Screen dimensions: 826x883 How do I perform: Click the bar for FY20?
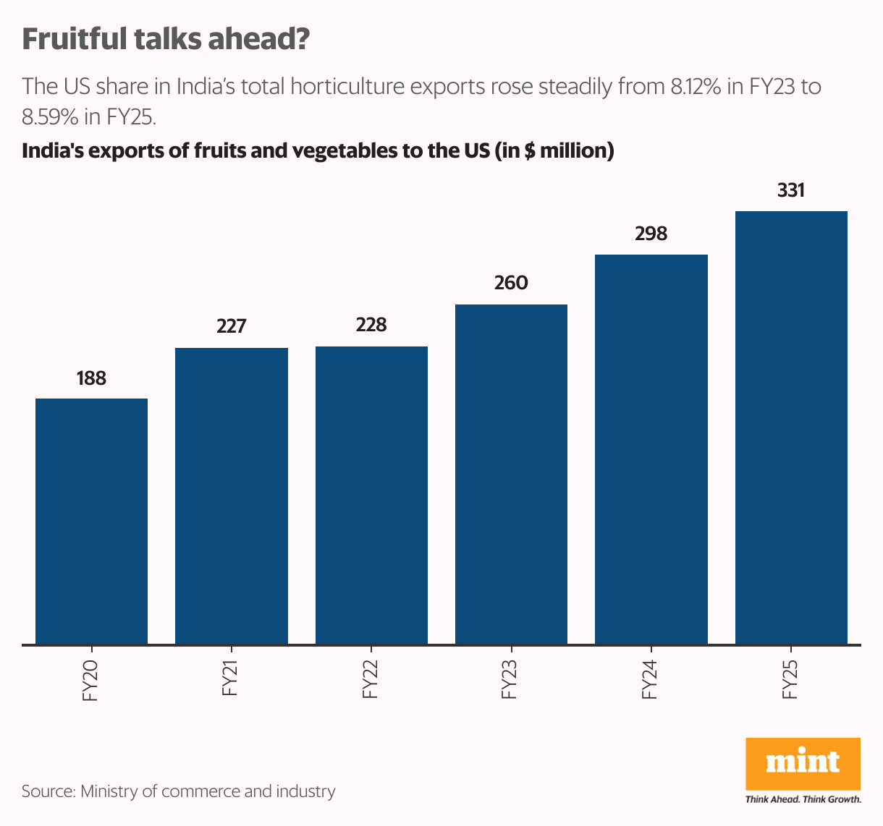pos(91,521)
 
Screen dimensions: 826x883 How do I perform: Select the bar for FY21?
pos(232,495)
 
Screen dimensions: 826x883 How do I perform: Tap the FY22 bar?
pos(371,495)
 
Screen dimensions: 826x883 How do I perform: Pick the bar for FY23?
pos(511,474)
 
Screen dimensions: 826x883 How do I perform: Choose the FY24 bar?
pos(651,448)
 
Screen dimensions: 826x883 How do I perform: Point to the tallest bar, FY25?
pos(791,427)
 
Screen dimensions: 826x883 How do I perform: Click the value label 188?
pos(91,378)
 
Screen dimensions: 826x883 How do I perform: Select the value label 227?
pos(232,326)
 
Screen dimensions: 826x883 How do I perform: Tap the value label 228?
pos(371,325)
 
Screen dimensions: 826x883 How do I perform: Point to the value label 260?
pos(511,283)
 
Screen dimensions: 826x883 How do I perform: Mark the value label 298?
pos(651,234)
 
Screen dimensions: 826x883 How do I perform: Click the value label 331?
pos(791,190)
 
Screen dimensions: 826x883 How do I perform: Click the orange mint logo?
pos(803,763)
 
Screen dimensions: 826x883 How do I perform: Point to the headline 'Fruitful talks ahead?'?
pos(166,39)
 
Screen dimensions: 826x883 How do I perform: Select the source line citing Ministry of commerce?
pos(179,791)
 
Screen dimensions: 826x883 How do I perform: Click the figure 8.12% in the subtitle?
pos(695,87)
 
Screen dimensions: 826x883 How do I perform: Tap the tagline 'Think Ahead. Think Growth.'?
pos(803,799)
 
